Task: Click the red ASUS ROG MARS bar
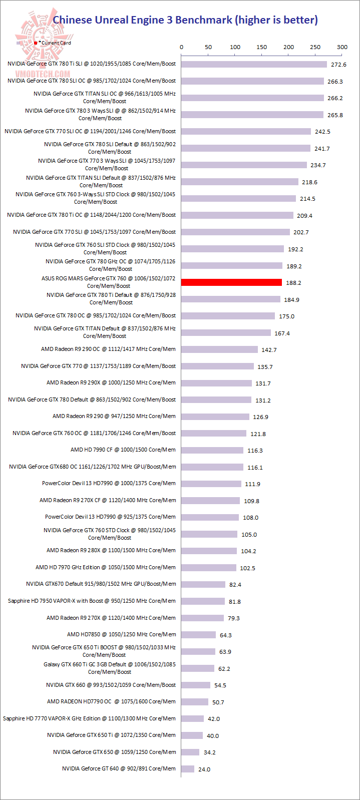point(231,282)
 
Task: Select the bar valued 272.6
point(254,64)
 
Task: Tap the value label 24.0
point(204,769)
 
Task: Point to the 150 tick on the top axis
point(261,47)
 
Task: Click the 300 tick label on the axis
point(342,47)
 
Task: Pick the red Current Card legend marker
point(36,43)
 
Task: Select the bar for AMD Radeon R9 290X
point(216,383)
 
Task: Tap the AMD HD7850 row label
point(121,634)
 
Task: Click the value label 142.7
point(269,350)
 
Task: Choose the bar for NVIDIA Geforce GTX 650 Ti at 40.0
point(192,735)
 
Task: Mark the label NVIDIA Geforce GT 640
point(119,768)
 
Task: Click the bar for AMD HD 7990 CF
point(212,450)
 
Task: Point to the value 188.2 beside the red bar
point(293,283)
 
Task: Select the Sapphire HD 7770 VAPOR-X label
point(89,718)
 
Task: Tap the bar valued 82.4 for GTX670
point(203,584)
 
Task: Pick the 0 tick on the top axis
point(181,47)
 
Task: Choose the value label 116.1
point(255,468)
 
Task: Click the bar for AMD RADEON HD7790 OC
point(195,702)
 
